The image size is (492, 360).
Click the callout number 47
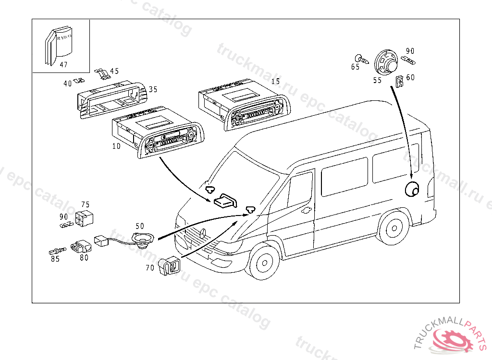pyautogui.click(x=64, y=64)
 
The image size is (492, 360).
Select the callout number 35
pyautogui.click(x=153, y=89)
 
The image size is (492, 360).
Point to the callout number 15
pyautogui.click(x=275, y=81)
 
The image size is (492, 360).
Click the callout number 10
pyautogui.click(x=116, y=145)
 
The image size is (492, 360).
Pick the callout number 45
pyautogui.click(x=114, y=72)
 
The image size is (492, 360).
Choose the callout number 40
pyautogui.click(x=67, y=84)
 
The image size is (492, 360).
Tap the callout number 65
pyautogui.click(x=355, y=67)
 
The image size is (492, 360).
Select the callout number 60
pyautogui.click(x=410, y=77)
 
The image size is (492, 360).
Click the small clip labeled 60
pyautogui.click(x=399, y=82)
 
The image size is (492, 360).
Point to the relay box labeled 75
pyautogui.click(x=85, y=218)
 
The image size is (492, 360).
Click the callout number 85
pyautogui.click(x=55, y=259)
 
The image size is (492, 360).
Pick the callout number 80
pyautogui.click(x=84, y=257)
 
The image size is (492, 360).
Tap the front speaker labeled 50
pyautogui.click(x=143, y=239)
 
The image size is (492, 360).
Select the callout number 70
pyautogui.click(x=150, y=267)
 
